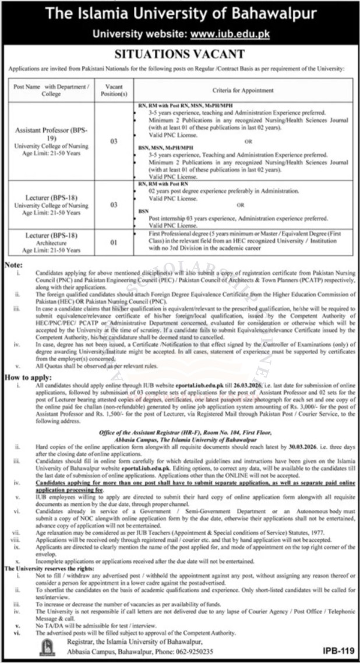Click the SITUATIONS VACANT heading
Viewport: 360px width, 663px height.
pyautogui.click(x=179, y=55)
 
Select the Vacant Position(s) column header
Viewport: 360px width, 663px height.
pyautogui.click(x=114, y=91)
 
